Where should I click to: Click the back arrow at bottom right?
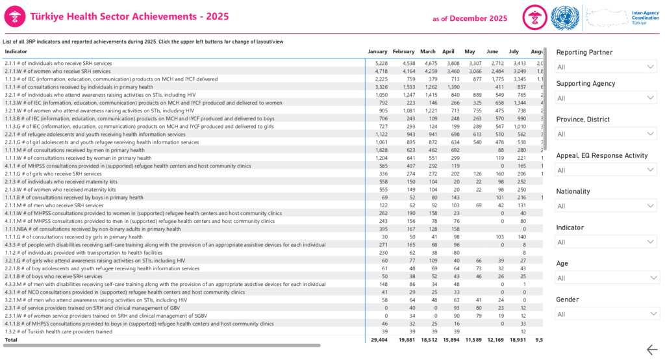click(651, 350)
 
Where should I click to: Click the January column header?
click(377, 51)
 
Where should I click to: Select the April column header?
click(448, 51)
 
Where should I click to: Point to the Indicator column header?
click(16, 51)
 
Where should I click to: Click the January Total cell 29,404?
click(378, 339)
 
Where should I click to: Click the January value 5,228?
click(381, 63)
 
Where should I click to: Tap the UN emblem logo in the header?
click(564, 18)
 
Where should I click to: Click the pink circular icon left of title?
click(15, 18)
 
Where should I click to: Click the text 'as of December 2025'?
click(470, 19)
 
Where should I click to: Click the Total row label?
click(12, 339)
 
